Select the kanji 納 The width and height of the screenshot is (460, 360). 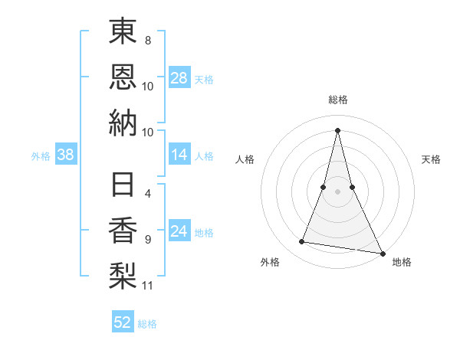tap(123, 123)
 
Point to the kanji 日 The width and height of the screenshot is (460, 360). tap(123, 187)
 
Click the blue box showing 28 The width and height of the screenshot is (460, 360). tap(179, 78)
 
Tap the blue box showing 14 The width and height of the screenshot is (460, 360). tap(179, 155)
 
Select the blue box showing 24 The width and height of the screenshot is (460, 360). tap(179, 232)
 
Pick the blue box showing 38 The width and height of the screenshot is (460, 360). tap(66, 155)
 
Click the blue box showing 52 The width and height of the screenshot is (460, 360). tap(123, 322)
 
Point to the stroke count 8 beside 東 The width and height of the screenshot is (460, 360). tap(147, 39)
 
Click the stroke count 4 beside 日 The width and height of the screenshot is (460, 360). tap(147, 194)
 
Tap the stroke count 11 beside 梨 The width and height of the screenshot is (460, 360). tap(148, 286)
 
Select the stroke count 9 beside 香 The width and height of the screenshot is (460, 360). tap(147, 240)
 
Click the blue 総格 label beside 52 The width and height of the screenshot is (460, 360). tap(147, 324)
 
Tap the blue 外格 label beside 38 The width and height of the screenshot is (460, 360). tap(41, 156)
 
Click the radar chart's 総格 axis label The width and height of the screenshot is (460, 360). tap(338, 100)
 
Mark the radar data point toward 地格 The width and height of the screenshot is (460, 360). tap(383, 253)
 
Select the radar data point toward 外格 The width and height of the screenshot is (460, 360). tap(302, 242)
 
